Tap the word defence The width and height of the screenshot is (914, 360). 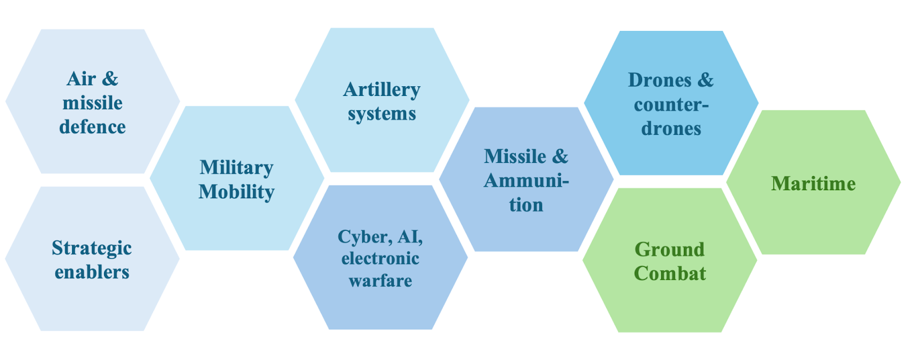[x=93, y=127]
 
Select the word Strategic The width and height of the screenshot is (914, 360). [x=91, y=249]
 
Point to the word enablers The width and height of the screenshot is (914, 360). [x=92, y=273]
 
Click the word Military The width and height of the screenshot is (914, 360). [x=236, y=168]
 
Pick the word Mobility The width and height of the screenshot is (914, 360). [x=236, y=192]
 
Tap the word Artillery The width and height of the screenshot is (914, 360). [x=382, y=90]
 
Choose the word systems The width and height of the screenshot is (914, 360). [x=382, y=114]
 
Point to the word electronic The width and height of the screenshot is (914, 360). [x=380, y=259]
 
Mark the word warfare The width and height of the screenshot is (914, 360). [x=380, y=281]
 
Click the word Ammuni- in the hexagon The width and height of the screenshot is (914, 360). [x=526, y=181]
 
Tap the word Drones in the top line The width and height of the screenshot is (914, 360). [x=659, y=80]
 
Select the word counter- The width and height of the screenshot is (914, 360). [x=671, y=105]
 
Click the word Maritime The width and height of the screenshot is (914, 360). [x=813, y=183]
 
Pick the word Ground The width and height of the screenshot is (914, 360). [x=670, y=250]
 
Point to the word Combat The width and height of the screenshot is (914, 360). [x=670, y=274]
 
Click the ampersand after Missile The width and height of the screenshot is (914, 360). [x=560, y=157]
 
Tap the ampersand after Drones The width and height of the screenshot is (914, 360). [x=705, y=80]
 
